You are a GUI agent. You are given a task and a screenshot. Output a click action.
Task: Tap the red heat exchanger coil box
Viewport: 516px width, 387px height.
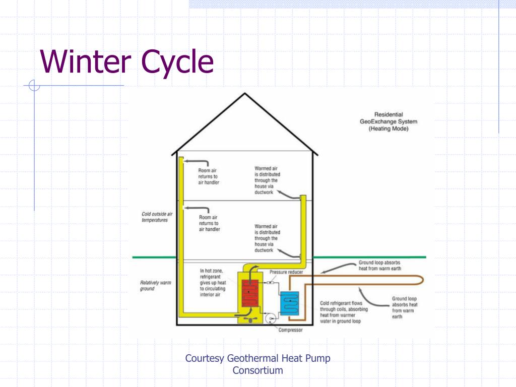coord(250,293)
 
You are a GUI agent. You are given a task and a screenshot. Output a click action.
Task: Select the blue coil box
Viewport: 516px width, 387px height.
coord(290,303)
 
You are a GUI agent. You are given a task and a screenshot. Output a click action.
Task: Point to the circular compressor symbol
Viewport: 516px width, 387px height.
coord(269,318)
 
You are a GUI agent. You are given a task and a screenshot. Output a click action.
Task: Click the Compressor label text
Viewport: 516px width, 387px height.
coord(290,331)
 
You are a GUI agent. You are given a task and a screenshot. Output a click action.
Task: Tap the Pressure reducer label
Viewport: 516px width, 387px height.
coord(286,272)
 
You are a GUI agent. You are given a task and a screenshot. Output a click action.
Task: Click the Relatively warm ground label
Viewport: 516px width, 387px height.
coord(155,286)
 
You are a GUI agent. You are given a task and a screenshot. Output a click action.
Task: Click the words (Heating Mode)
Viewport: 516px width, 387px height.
coord(389,129)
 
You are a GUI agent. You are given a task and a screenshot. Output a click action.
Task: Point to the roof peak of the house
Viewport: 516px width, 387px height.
coord(245,94)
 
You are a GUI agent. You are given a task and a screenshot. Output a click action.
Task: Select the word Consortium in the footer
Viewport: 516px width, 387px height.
coord(257,371)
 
